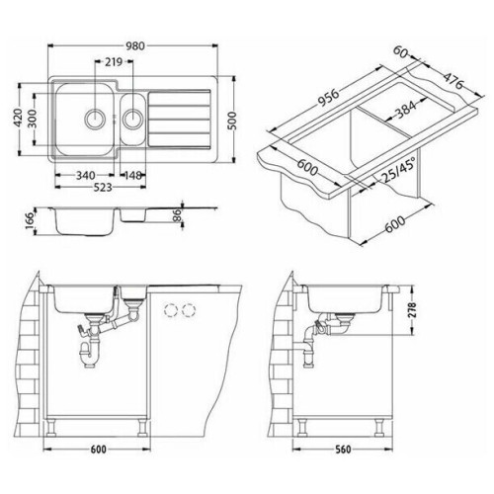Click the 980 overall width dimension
point(134,45)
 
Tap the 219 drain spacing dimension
point(114,61)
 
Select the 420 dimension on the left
point(19,118)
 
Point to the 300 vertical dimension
point(33,119)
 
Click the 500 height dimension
point(232,121)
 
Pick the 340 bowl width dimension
point(85,176)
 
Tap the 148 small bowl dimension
point(133,176)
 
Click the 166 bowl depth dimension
point(30,221)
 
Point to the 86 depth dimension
point(177,215)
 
